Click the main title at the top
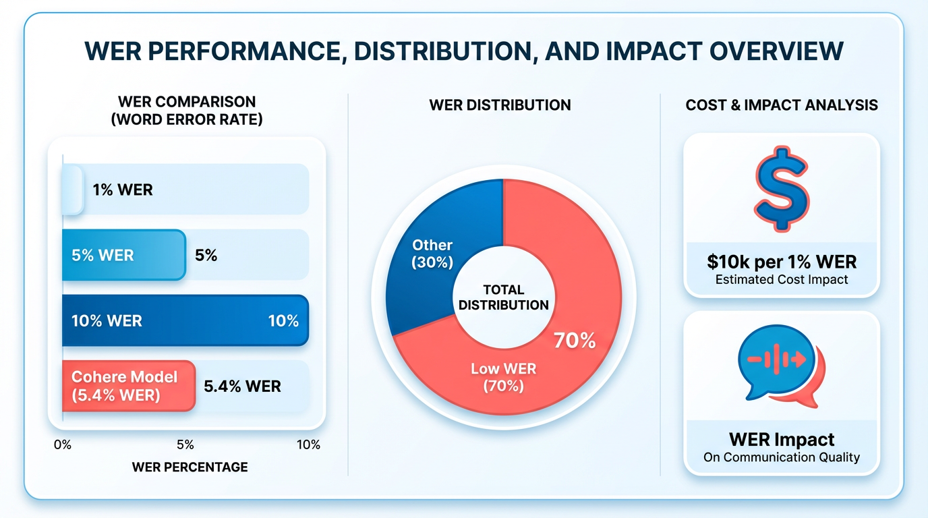(464, 53)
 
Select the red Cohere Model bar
(128, 386)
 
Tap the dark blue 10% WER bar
(185, 320)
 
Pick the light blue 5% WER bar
(123, 255)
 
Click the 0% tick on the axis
(62, 444)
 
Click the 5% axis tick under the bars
(185, 444)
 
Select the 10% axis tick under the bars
(308, 444)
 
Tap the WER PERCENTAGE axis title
(190, 467)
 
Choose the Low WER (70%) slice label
(503, 377)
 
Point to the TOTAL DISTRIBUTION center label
(503, 297)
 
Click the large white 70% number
(575, 341)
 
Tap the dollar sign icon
(782, 188)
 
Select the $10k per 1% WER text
(782, 262)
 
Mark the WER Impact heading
(782, 440)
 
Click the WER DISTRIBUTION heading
(500, 105)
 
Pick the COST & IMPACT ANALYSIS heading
(782, 105)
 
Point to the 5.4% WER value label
(242, 386)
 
